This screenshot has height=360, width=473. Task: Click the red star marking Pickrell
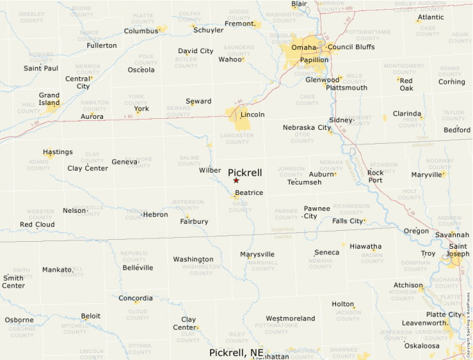(236, 180)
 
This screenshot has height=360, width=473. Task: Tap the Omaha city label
(304, 47)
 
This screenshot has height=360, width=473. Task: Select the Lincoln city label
(252, 115)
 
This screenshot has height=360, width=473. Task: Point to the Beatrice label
(249, 193)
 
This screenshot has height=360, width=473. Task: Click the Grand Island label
(49, 100)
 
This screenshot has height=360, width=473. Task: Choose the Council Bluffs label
(351, 47)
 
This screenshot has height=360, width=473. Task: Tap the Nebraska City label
(306, 128)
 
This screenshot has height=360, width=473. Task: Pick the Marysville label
(257, 254)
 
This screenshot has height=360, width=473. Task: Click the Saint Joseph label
(458, 250)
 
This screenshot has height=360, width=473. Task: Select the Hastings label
(57, 152)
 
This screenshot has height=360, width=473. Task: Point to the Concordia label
(136, 299)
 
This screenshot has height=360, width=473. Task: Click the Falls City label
(347, 221)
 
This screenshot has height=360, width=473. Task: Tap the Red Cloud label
(37, 225)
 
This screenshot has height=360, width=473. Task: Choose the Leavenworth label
(424, 323)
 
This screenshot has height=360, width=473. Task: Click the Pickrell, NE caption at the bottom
(237, 352)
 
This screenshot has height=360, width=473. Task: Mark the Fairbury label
(194, 222)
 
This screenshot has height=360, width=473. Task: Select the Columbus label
(141, 31)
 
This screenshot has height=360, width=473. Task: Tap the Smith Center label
(13, 282)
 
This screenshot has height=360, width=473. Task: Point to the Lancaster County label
(237, 138)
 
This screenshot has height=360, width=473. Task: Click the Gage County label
(239, 204)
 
